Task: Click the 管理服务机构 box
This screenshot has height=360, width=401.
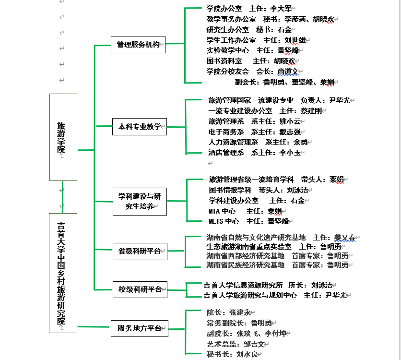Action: [138, 45]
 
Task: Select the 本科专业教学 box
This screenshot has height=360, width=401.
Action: [140, 127]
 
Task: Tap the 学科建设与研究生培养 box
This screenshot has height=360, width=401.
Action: [140, 202]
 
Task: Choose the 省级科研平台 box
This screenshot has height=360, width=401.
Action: [140, 251]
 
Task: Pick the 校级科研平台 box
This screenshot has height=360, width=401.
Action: [140, 289]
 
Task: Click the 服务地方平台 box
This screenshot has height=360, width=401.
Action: [140, 328]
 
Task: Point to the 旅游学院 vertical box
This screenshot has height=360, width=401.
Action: [63, 137]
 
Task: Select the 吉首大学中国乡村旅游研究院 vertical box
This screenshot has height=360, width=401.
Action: [63, 273]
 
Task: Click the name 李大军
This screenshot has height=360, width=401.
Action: [281, 9]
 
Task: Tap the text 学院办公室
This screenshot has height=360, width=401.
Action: [224, 9]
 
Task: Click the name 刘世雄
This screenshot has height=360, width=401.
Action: [295, 40]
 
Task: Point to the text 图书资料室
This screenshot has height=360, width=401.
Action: [224, 61]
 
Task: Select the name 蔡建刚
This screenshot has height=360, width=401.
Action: [311, 111]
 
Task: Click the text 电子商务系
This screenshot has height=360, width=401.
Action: [226, 132]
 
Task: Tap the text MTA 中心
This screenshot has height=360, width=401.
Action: [222, 211]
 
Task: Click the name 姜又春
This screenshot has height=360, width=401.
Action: [345, 238]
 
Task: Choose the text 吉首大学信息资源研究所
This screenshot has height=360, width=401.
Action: [243, 285]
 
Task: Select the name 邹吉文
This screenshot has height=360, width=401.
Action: [254, 344]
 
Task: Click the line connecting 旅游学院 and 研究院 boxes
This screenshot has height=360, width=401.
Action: [63, 197]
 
